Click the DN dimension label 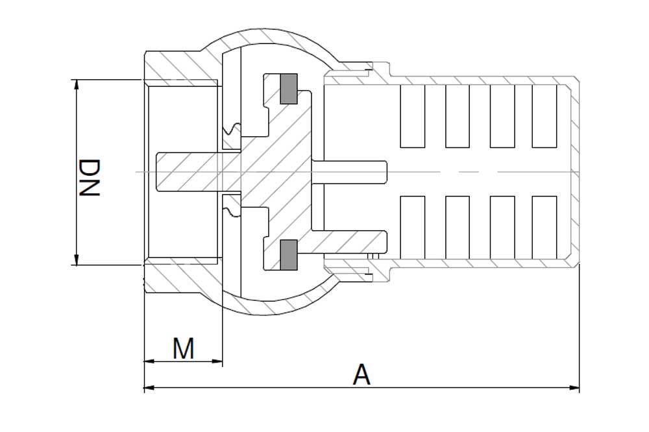click(x=89, y=178)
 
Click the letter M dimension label click(x=184, y=348)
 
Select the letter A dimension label click(x=361, y=374)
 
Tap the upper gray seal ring click(x=289, y=89)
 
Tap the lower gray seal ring click(x=289, y=255)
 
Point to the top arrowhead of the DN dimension click(x=76, y=84)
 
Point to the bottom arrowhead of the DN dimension click(x=76, y=260)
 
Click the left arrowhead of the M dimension click(x=149, y=361)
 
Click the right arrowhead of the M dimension click(x=217, y=361)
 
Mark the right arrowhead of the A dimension click(x=574, y=388)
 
